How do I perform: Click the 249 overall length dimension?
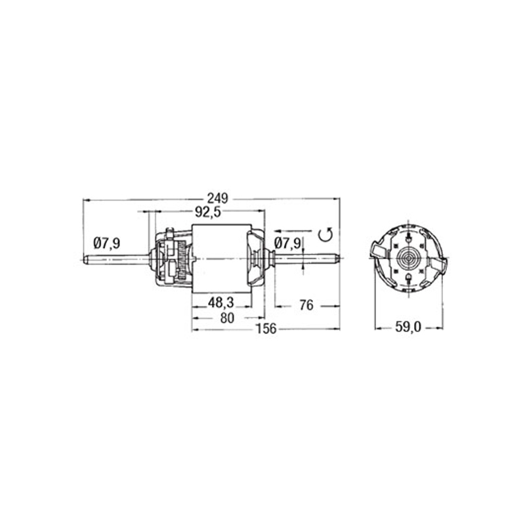tap(217, 199)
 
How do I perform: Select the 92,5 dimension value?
tap(208, 212)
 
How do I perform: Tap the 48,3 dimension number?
tap(221, 303)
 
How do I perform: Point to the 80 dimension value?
tap(227, 318)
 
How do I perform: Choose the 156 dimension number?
tap(266, 329)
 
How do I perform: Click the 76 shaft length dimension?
tap(306, 305)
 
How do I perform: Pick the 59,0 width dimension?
tap(408, 327)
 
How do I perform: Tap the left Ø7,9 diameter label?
tap(107, 243)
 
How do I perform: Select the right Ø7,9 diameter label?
tap(287, 243)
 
